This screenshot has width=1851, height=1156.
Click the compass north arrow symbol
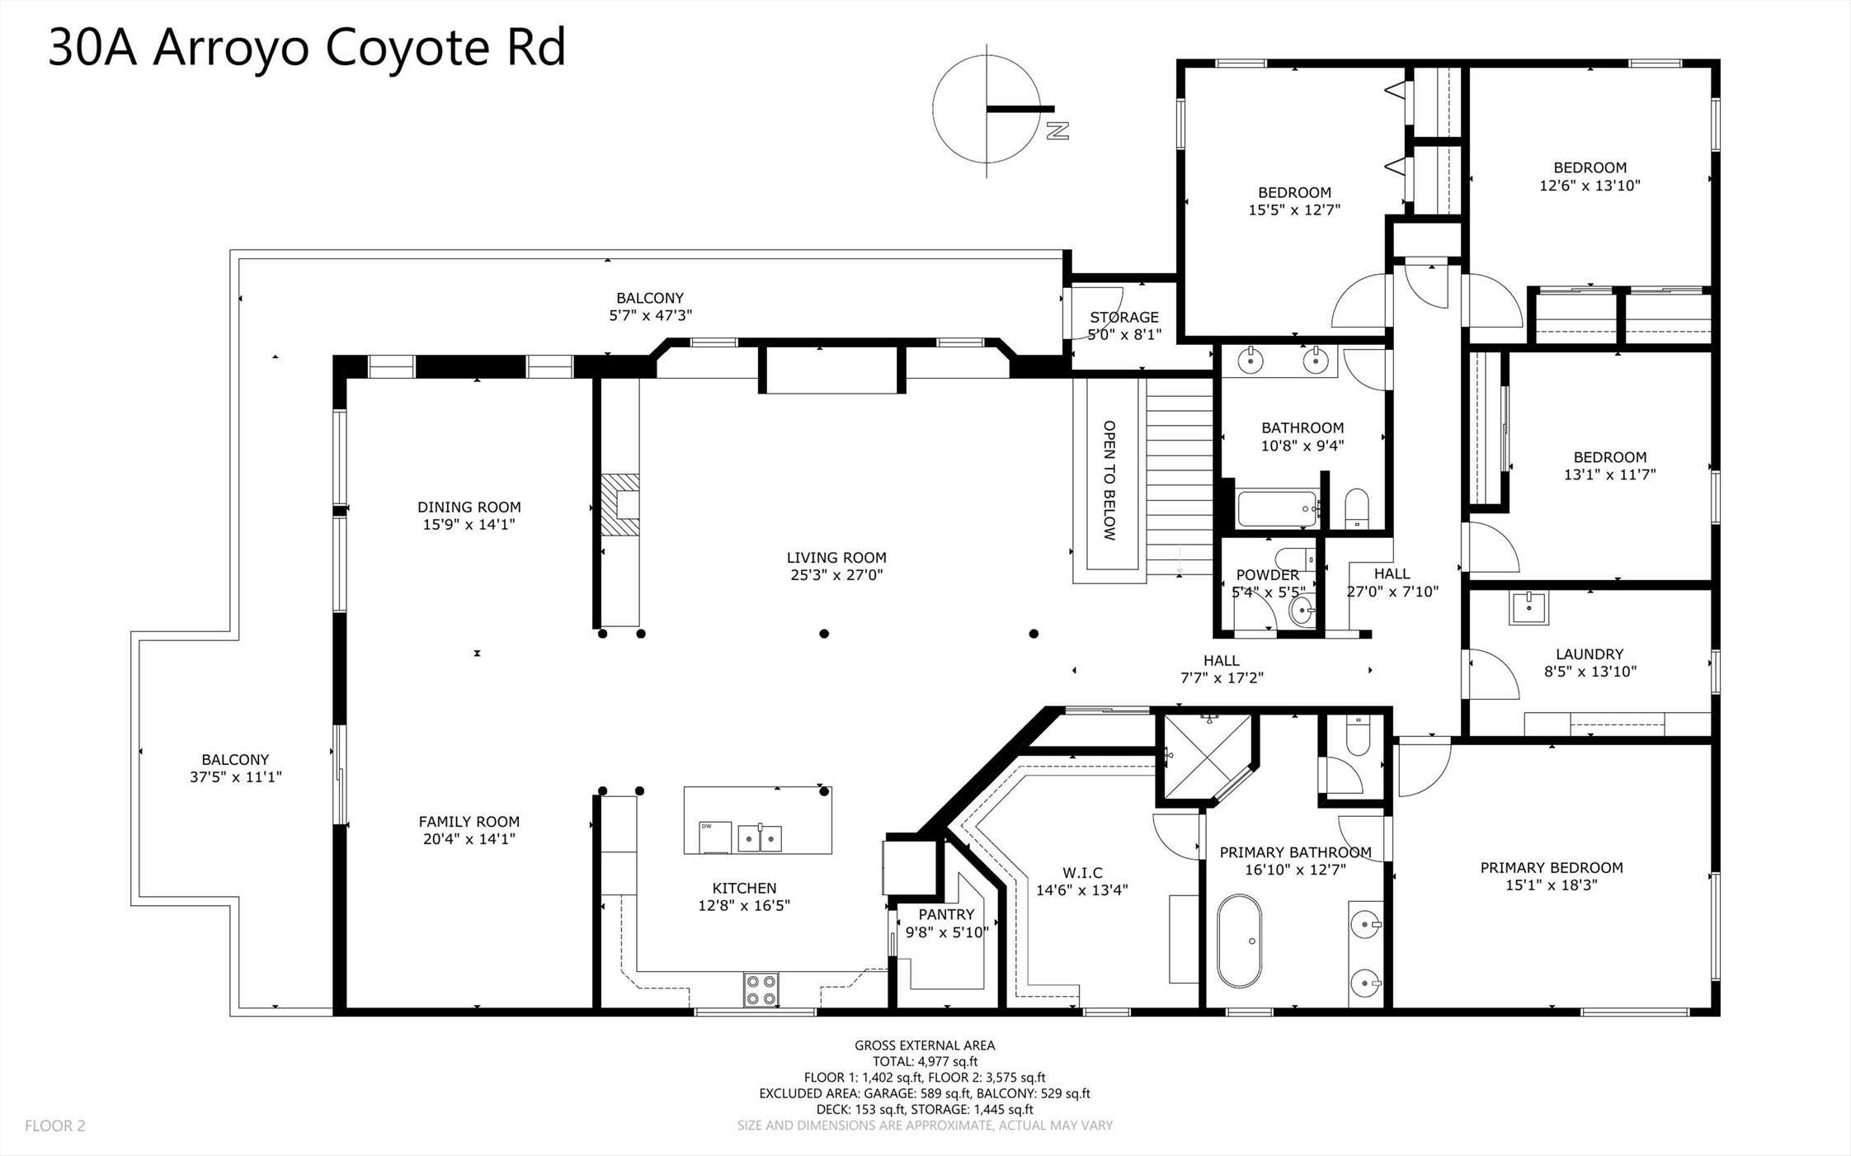[987, 109]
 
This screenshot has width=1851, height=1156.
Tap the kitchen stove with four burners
[761, 990]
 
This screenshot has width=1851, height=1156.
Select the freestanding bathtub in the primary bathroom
[1239, 941]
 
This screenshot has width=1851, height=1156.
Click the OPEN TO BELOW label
[1109, 481]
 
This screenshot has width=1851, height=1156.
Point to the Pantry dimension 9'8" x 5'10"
[946, 932]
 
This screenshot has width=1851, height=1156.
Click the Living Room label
[836, 558]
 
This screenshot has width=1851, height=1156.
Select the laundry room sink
[1528, 607]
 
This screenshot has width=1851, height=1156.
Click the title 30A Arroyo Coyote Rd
[307, 47]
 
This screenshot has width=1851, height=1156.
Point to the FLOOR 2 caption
[55, 1125]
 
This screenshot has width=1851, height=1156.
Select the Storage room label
[1124, 317]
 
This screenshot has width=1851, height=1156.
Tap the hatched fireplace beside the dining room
[619, 505]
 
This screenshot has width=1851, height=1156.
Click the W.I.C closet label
[1082, 873]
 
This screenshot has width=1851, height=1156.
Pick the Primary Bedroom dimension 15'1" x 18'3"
[1552, 885]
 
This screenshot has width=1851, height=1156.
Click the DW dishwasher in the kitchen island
[715, 837]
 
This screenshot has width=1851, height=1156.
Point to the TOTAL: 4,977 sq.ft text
[925, 1062]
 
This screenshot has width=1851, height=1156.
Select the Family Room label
[469, 822]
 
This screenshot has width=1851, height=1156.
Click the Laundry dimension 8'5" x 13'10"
[1590, 672]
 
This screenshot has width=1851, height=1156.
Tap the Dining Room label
[469, 507]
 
